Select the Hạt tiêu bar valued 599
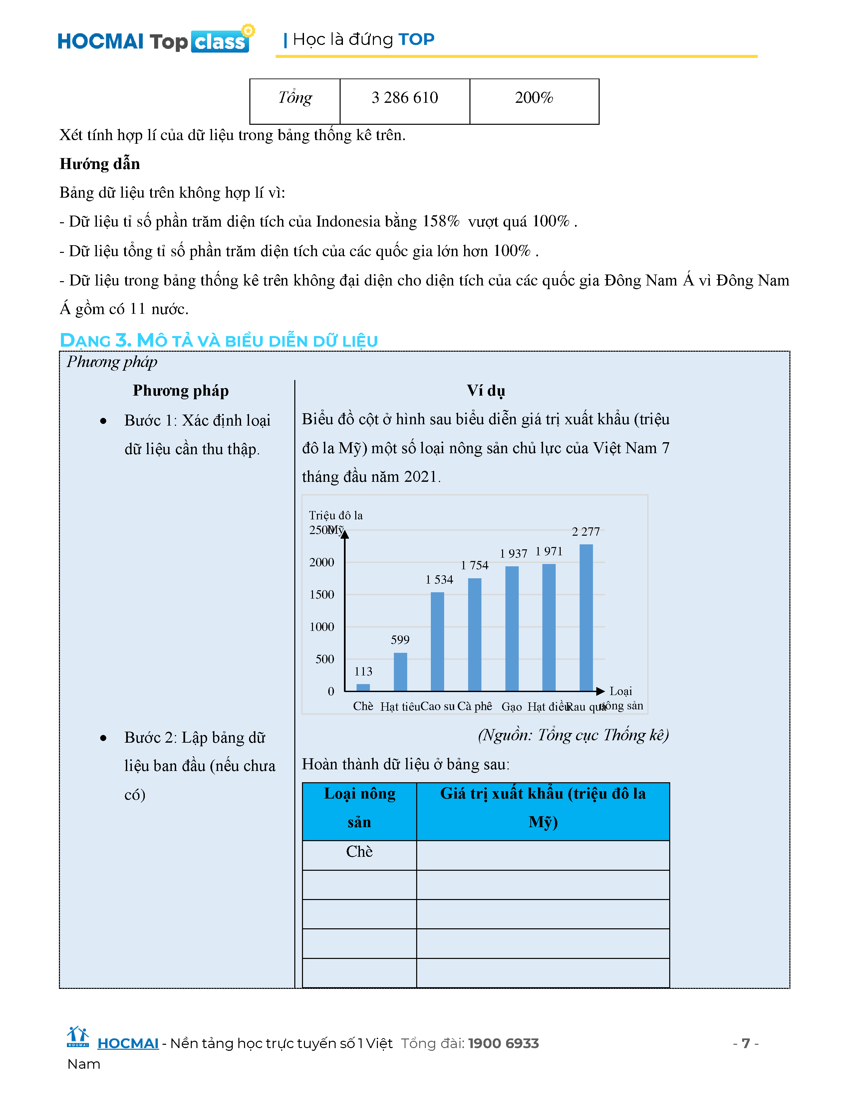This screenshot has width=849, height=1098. (x=400, y=672)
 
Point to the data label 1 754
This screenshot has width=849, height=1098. (x=474, y=565)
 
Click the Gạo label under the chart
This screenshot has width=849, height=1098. (x=511, y=707)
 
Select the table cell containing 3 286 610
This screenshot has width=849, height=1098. (x=405, y=97)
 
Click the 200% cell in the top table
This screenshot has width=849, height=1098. (x=534, y=97)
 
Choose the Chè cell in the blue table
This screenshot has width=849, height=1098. (x=359, y=852)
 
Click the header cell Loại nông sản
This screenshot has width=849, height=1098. (x=359, y=808)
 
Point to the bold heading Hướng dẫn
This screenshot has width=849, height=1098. (x=100, y=164)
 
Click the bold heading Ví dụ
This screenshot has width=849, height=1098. (x=485, y=391)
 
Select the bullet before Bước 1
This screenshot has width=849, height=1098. (x=103, y=421)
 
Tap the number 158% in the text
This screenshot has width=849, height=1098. (x=440, y=222)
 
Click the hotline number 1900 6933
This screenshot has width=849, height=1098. (x=503, y=1044)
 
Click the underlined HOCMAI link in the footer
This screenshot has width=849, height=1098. (x=128, y=1044)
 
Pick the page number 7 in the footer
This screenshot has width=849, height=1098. (x=745, y=1044)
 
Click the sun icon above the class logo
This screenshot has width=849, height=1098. (x=248, y=30)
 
